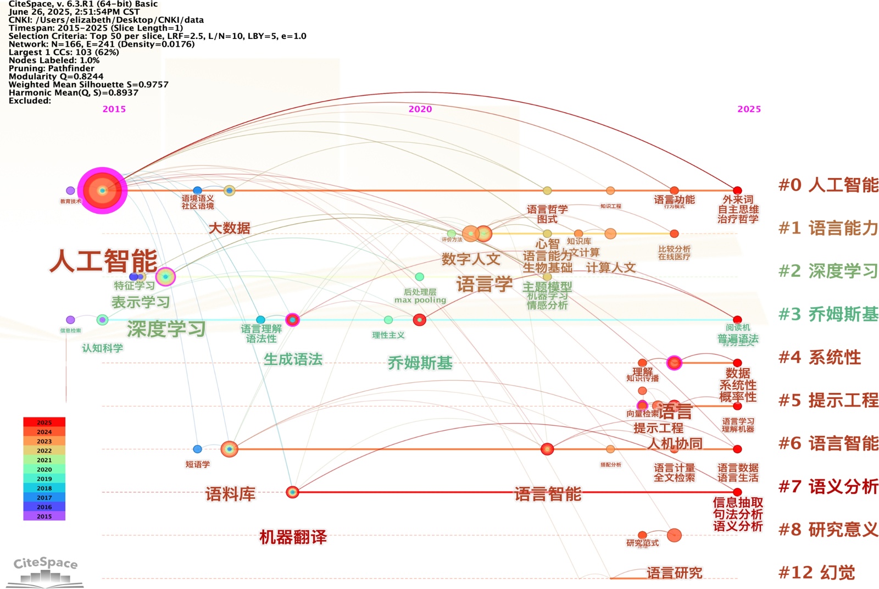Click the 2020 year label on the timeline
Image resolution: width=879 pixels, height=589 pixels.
420,109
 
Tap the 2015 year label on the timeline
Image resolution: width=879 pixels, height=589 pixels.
114,109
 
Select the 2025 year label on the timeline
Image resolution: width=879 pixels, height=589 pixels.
749,109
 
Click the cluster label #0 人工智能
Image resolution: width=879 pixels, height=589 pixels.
828,185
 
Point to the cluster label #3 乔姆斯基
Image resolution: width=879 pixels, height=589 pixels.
828,314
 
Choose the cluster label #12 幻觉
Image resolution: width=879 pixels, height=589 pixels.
816,573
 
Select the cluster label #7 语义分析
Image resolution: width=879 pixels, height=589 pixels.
828,486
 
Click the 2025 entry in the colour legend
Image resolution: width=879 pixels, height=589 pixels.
44,423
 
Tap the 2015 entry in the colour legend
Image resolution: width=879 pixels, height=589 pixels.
44,516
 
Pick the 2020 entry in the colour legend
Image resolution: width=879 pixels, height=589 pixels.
44,469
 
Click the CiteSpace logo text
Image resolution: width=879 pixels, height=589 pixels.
46,563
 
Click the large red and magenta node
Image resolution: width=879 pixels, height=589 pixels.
102,190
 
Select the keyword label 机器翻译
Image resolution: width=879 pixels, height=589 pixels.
293,537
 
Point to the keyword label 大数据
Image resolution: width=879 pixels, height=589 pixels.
230,228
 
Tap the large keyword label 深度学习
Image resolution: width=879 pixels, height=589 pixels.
166,329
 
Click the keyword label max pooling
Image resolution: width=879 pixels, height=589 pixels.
420,300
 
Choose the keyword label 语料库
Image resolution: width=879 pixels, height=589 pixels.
230,494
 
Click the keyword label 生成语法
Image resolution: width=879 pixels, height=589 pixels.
293,359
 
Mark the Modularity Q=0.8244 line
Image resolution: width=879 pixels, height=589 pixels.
56,76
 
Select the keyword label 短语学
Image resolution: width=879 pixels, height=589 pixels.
198,464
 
